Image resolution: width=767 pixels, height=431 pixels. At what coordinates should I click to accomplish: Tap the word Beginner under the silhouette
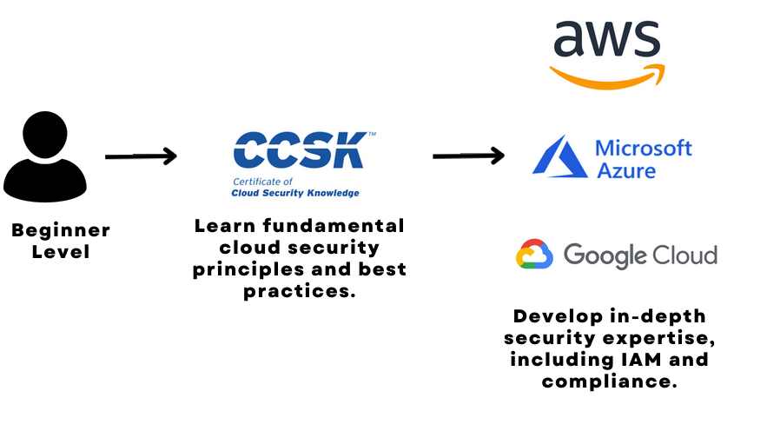(x=61, y=231)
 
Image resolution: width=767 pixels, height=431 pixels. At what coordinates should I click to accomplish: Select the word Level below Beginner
(x=61, y=252)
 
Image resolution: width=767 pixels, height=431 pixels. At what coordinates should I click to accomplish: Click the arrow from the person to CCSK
(x=141, y=156)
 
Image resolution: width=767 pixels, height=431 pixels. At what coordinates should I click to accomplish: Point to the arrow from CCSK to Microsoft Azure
(x=468, y=156)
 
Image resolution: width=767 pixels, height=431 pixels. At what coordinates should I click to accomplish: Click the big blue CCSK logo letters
(x=299, y=150)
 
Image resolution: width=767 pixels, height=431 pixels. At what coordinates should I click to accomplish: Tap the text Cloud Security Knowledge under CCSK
(x=295, y=193)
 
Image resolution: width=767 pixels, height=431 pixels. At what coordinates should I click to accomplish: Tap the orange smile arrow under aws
(x=608, y=76)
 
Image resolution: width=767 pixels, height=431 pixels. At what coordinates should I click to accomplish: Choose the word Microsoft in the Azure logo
(x=644, y=148)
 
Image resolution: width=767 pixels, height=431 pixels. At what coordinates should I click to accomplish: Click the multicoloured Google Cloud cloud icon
(x=534, y=255)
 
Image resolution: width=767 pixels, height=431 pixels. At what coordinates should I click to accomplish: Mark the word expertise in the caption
(x=655, y=337)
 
